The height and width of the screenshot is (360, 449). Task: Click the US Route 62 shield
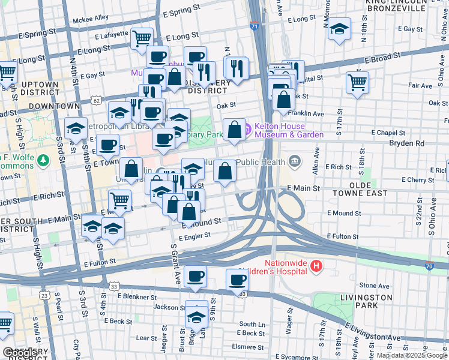pyautogui.click(x=96, y=101)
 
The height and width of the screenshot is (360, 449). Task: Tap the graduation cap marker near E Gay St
pyautogui.click(x=339, y=28)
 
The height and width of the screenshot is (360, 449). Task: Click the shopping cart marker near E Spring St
pyautogui.click(x=142, y=38)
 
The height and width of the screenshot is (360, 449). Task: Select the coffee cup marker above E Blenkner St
pyautogui.click(x=195, y=277)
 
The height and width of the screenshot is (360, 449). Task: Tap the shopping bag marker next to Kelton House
pyautogui.click(x=234, y=128)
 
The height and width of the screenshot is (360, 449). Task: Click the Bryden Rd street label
pyautogui.click(x=406, y=143)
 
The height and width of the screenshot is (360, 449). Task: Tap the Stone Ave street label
pyautogui.click(x=373, y=286)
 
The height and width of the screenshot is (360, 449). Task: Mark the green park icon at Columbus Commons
pyautogui.click(x=43, y=161)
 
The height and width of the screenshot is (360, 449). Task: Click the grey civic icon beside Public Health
pyautogui.click(x=294, y=161)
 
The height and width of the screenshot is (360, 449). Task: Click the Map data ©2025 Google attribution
pyautogui.click(x=411, y=355)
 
